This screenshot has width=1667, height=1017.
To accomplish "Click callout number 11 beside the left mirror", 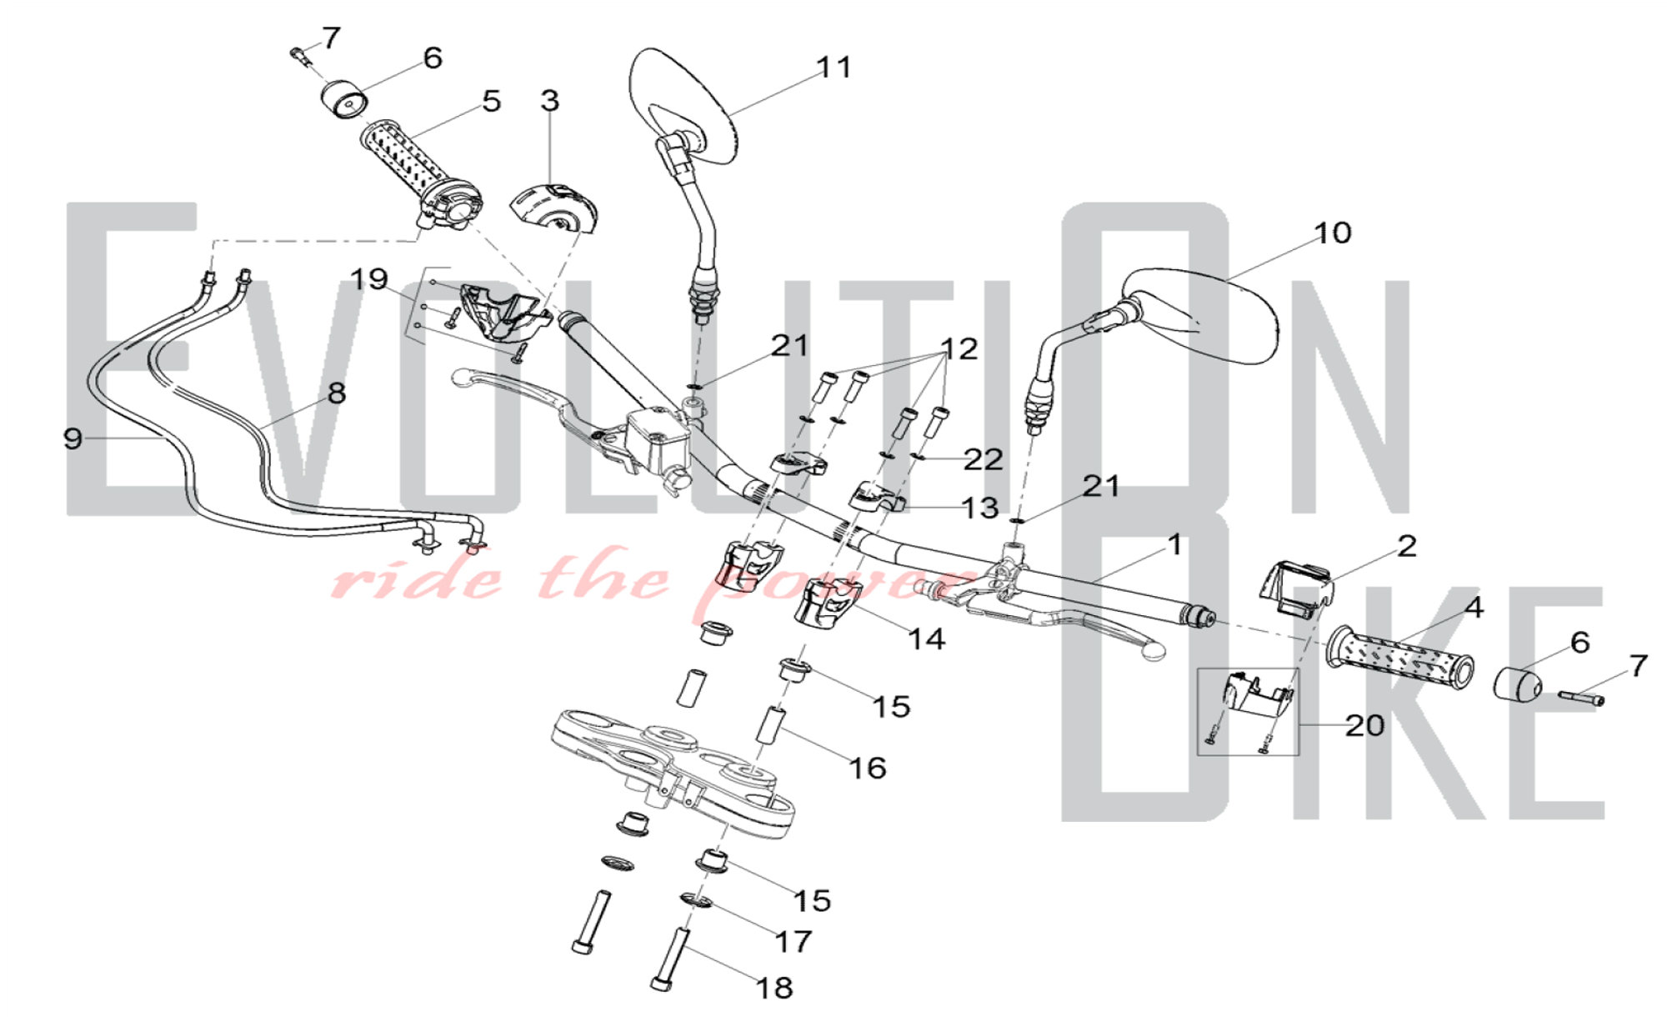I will point(833,67).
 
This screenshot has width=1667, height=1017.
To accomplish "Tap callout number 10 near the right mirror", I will point(1332,233).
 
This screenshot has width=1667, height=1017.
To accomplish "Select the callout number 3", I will point(549,101).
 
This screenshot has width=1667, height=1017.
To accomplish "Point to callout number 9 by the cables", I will point(73,438).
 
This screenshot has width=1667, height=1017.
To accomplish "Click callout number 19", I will point(368,279).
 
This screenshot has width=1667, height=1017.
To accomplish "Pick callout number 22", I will point(983,459).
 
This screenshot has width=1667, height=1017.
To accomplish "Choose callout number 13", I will point(979,508).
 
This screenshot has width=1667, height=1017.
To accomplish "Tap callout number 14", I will point(926,639).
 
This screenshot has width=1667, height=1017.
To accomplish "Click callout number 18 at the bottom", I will point(773,988).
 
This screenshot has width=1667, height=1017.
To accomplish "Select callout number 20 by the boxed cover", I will point(1364,725).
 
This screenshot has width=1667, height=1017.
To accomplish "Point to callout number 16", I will point(867,768).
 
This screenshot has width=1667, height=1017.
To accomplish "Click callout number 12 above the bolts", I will point(959,348).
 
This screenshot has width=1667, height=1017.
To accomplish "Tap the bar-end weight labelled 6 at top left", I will point(344,101).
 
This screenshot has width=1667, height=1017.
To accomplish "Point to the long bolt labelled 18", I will point(671,959).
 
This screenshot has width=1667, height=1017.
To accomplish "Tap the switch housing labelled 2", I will point(1294,590).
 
